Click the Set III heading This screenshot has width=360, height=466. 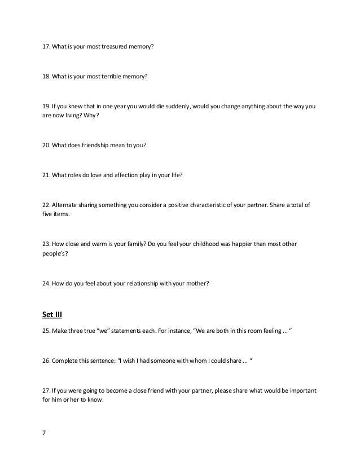pos(52,315)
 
